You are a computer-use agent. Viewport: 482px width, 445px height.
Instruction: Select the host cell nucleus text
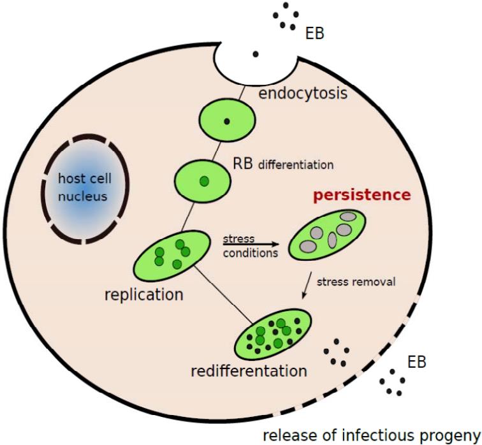(x=82, y=188)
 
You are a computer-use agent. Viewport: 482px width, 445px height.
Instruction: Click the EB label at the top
(x=315, y=33)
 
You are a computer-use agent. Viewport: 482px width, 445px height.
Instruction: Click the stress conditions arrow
(x=250, y=244)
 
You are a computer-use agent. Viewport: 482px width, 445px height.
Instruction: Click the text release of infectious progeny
(x=372, y=435)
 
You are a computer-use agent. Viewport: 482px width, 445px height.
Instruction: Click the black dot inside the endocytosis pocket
(x=256, y=54)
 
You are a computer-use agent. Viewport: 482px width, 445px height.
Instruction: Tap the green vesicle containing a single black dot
(x=227, y=120)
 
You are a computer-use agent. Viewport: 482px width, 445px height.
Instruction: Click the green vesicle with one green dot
(x=203, y=180)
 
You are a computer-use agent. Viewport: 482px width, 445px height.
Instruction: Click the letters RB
(x=241, y=163)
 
